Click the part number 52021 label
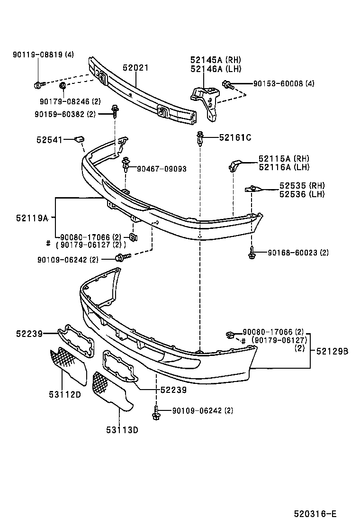point(135,68)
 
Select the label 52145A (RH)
point(216,60)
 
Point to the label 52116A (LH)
point(282,167)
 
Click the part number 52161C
point(234,138)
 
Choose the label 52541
point(49,140)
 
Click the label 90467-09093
point(162,169)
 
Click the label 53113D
point(122,430)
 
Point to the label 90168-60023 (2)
point(297,253)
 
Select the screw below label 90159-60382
point(115,111)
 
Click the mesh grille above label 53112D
point(66,361)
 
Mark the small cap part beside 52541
point(80,139)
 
